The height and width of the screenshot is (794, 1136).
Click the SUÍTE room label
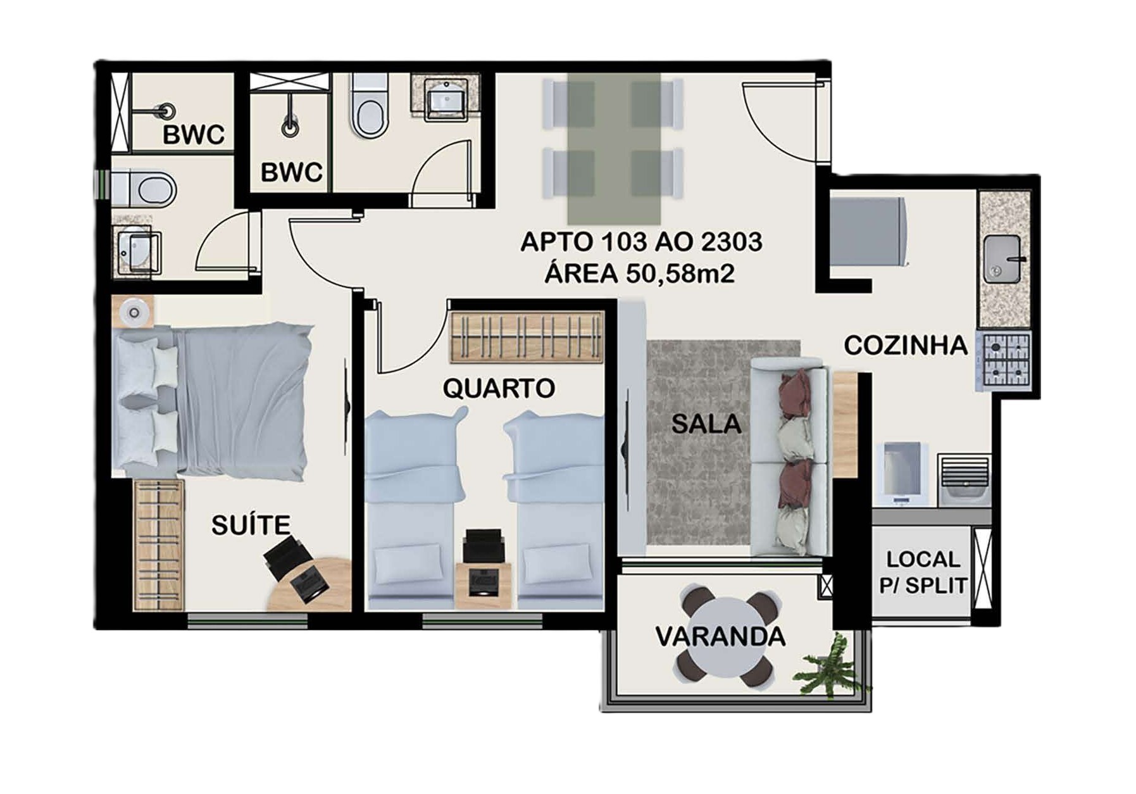click(x=251, y=525)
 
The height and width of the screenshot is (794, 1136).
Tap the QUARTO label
click(x=499, y=388)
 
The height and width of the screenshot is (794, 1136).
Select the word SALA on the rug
click(x=706, y=424)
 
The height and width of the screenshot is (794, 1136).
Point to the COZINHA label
click(x=906, y=346)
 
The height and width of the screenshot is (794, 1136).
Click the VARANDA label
click(x=720, y=636)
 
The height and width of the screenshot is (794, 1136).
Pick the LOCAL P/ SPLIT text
click(x=923, y=572)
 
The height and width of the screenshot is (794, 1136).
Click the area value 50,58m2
click(x=680, y=274)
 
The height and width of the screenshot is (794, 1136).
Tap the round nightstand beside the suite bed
click(x=133, y=312)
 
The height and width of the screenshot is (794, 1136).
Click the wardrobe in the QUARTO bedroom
click(x=527, y=337)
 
